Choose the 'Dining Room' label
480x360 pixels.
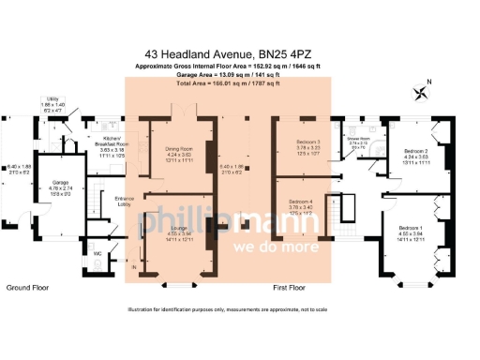pyautogui.click(x=178, y=150)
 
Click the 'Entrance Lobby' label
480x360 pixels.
pyautogui.click(x=124, y=200)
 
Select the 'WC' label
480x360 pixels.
pyautogui.click(x=97, y=253)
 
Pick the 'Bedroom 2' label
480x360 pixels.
pyautogui.click(x=415, y=151)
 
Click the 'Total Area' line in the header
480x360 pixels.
pyautogui.click(x=228, y=83)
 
